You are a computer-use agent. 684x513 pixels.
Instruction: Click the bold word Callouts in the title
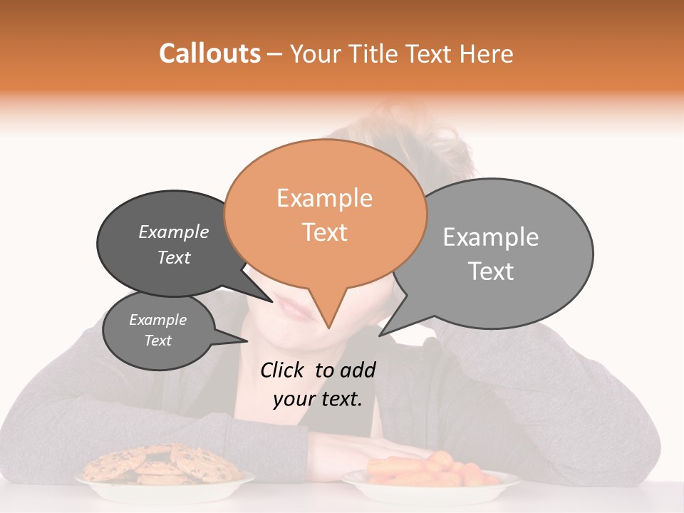[209, 53]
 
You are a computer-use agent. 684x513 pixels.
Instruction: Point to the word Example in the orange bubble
[324, 198]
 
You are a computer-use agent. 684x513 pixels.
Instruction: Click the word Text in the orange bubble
[324, 232]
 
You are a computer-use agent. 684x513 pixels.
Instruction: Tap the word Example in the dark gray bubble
[174, 232]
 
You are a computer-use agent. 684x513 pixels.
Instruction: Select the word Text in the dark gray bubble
[174, 257]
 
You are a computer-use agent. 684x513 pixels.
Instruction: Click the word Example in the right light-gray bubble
[490, 237]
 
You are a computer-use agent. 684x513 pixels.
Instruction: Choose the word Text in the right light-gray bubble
[490, 271]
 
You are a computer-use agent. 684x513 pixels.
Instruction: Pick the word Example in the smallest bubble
[157, 320]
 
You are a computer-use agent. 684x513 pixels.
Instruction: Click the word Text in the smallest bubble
[157, 341]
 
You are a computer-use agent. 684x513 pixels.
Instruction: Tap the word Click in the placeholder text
[282, 370]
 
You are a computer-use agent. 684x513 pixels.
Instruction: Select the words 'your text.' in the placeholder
[318, 399]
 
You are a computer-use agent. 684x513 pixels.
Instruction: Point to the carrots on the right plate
[427, 469]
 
